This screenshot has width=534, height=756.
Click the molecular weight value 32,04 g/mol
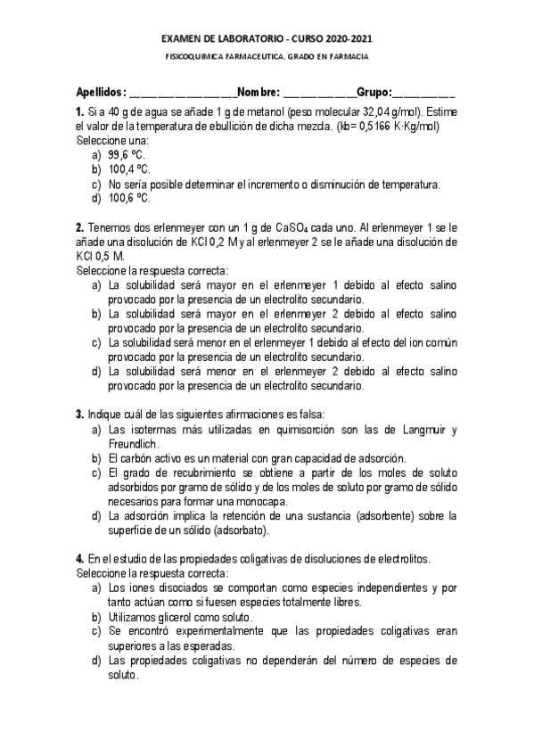(x=388, y=112)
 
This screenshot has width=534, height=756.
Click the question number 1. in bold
(x=80, y=112)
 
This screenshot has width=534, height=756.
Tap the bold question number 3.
(x=80, y=414)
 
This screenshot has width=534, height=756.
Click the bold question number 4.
(x=80, y=559)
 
